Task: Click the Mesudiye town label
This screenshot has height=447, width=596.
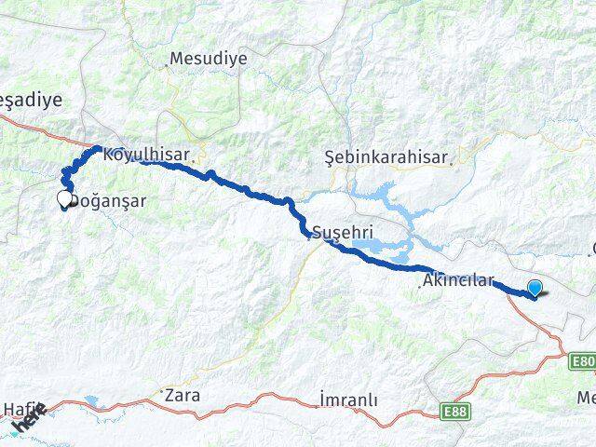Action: click(208, 58)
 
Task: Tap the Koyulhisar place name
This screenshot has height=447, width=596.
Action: click(146, 155)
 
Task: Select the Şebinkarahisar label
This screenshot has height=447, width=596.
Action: click(386, 157)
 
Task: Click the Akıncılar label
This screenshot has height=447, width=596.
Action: click(457, 279)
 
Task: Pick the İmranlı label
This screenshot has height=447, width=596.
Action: click(348, 400)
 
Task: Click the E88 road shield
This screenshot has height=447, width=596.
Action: click(456, 411)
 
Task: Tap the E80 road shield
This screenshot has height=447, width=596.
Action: click(584, 361)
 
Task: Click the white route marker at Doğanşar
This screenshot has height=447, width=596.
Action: click(65, 198)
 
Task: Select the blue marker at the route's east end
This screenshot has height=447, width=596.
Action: click(535, 289)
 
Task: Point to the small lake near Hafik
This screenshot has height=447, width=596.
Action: click(91, 403)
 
